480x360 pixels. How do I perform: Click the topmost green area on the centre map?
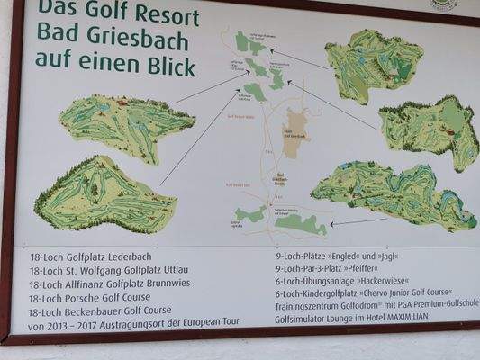pos(246,41)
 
